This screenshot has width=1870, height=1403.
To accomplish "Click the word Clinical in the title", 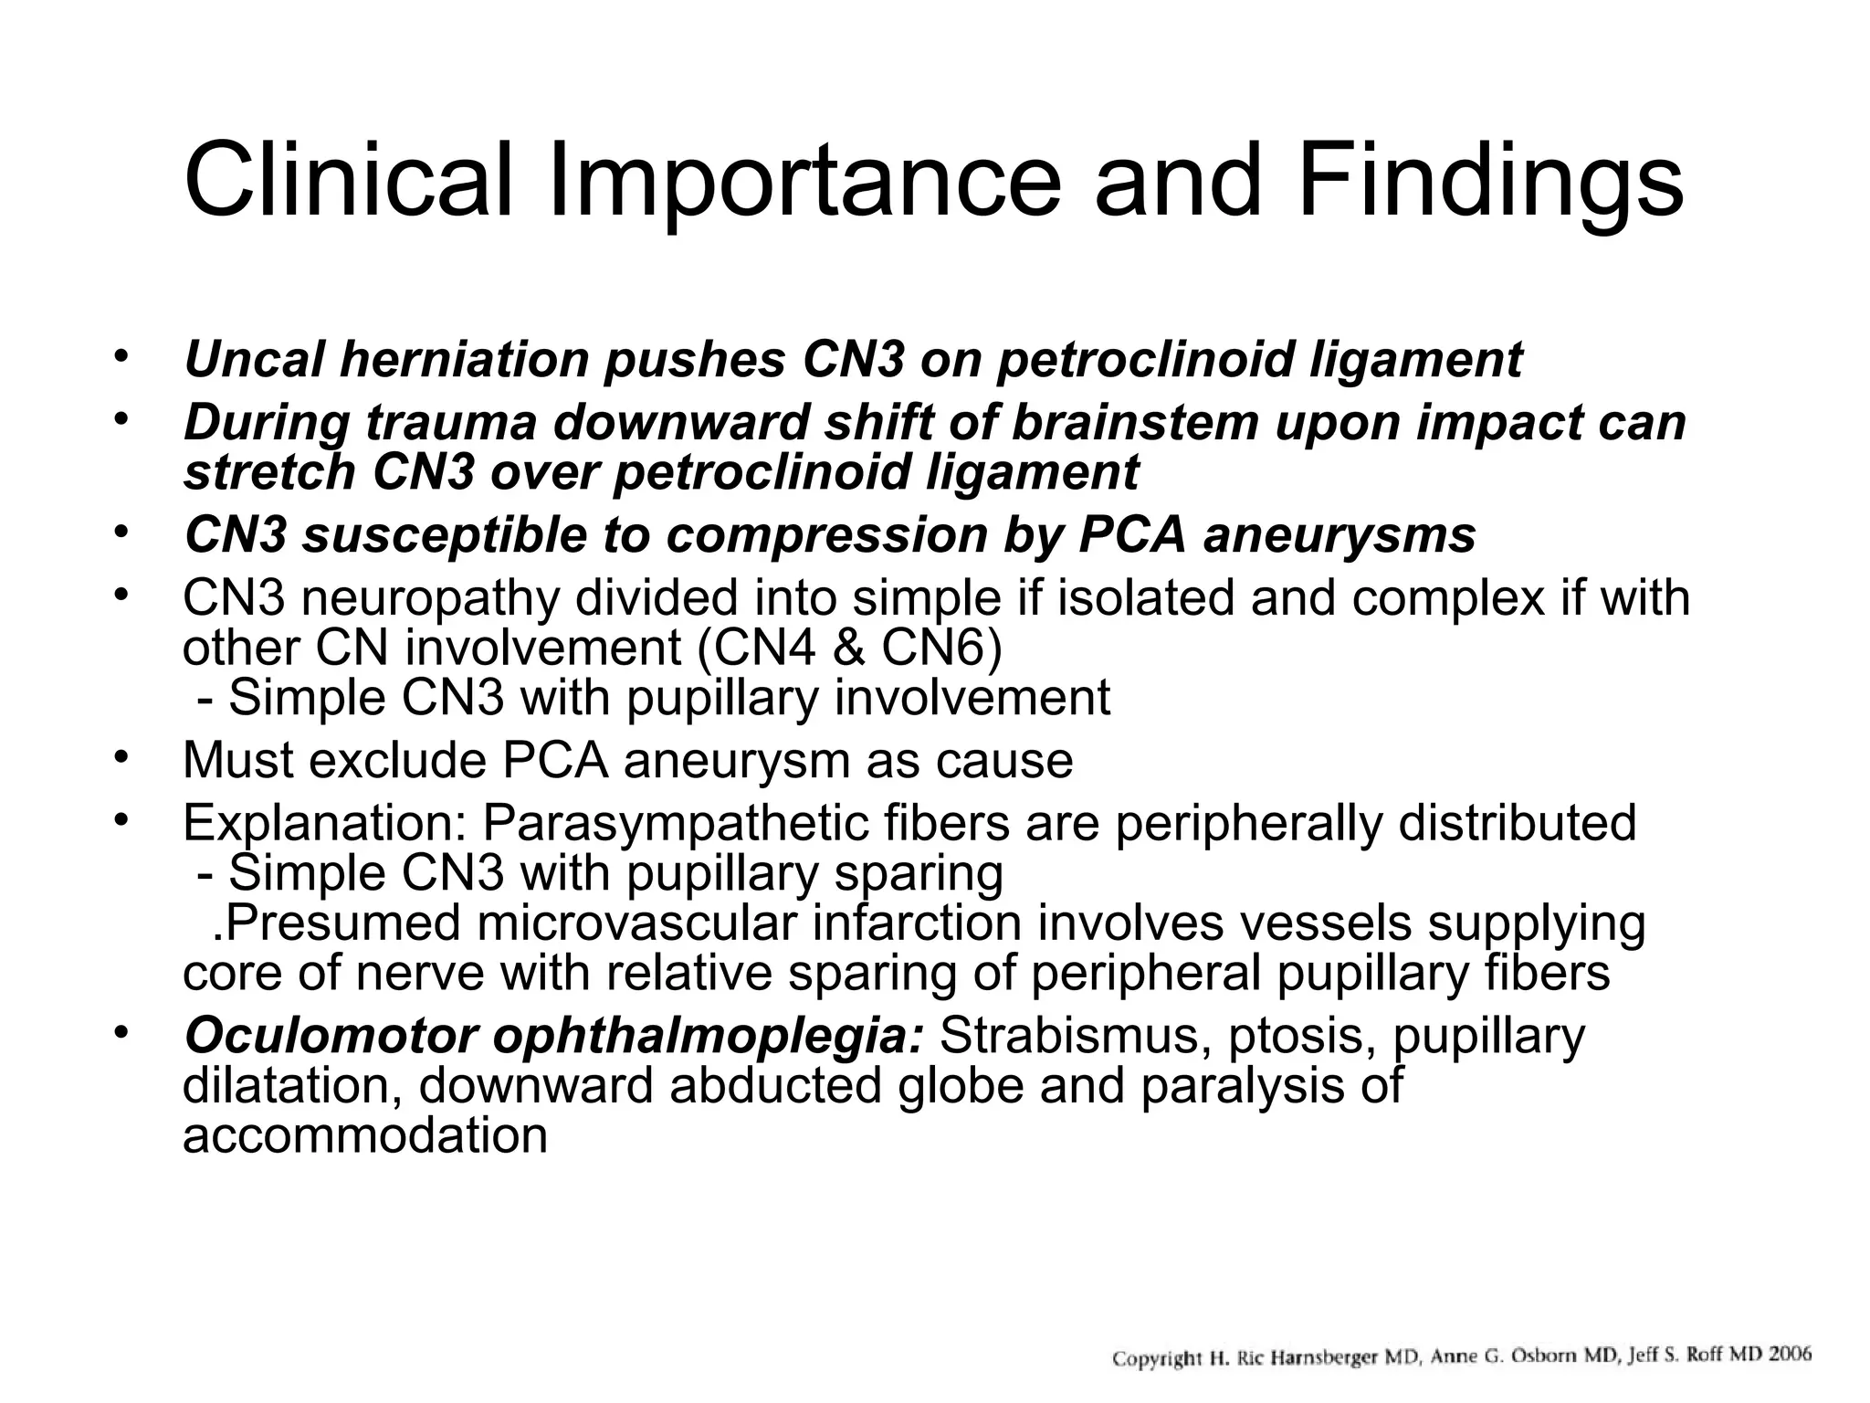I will click(347, 181).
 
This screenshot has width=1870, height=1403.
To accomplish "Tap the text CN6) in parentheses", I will click(941, 649).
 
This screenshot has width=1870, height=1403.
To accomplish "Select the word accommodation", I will click(364, 1136).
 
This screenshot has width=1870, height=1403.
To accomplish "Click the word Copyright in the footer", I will click(1156, 1358).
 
